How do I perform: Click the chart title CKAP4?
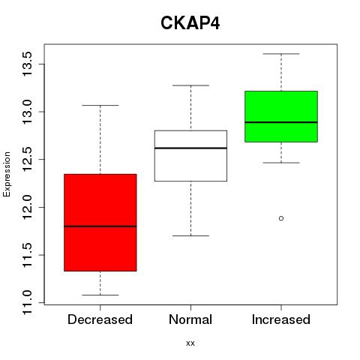tap(190, 23)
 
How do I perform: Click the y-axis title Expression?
tap(7, 175)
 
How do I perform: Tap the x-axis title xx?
tap(190, 343)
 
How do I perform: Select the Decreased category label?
tap(100, 319)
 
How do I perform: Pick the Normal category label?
tap(190, 319)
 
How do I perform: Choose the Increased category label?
tap(281, 319)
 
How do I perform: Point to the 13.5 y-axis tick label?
tap(27, 64)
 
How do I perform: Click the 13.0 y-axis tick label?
tap(27, 112)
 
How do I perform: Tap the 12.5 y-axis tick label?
tap(27, 160)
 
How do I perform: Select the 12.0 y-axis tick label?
tap(27, 207)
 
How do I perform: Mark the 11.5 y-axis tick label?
tap(27, 255)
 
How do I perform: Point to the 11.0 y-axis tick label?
tap(27, 302)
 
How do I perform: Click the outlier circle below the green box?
tap(281, 218)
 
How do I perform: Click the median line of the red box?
tap(100, 226)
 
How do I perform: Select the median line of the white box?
tap(190, 148)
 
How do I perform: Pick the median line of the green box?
tap(281, 122)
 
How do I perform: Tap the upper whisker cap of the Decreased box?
tap(100, 105)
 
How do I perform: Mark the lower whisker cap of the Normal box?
tap(190, 235)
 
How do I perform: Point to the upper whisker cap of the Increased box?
tap(281, 54)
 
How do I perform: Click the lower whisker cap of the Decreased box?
tap(100, 295)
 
